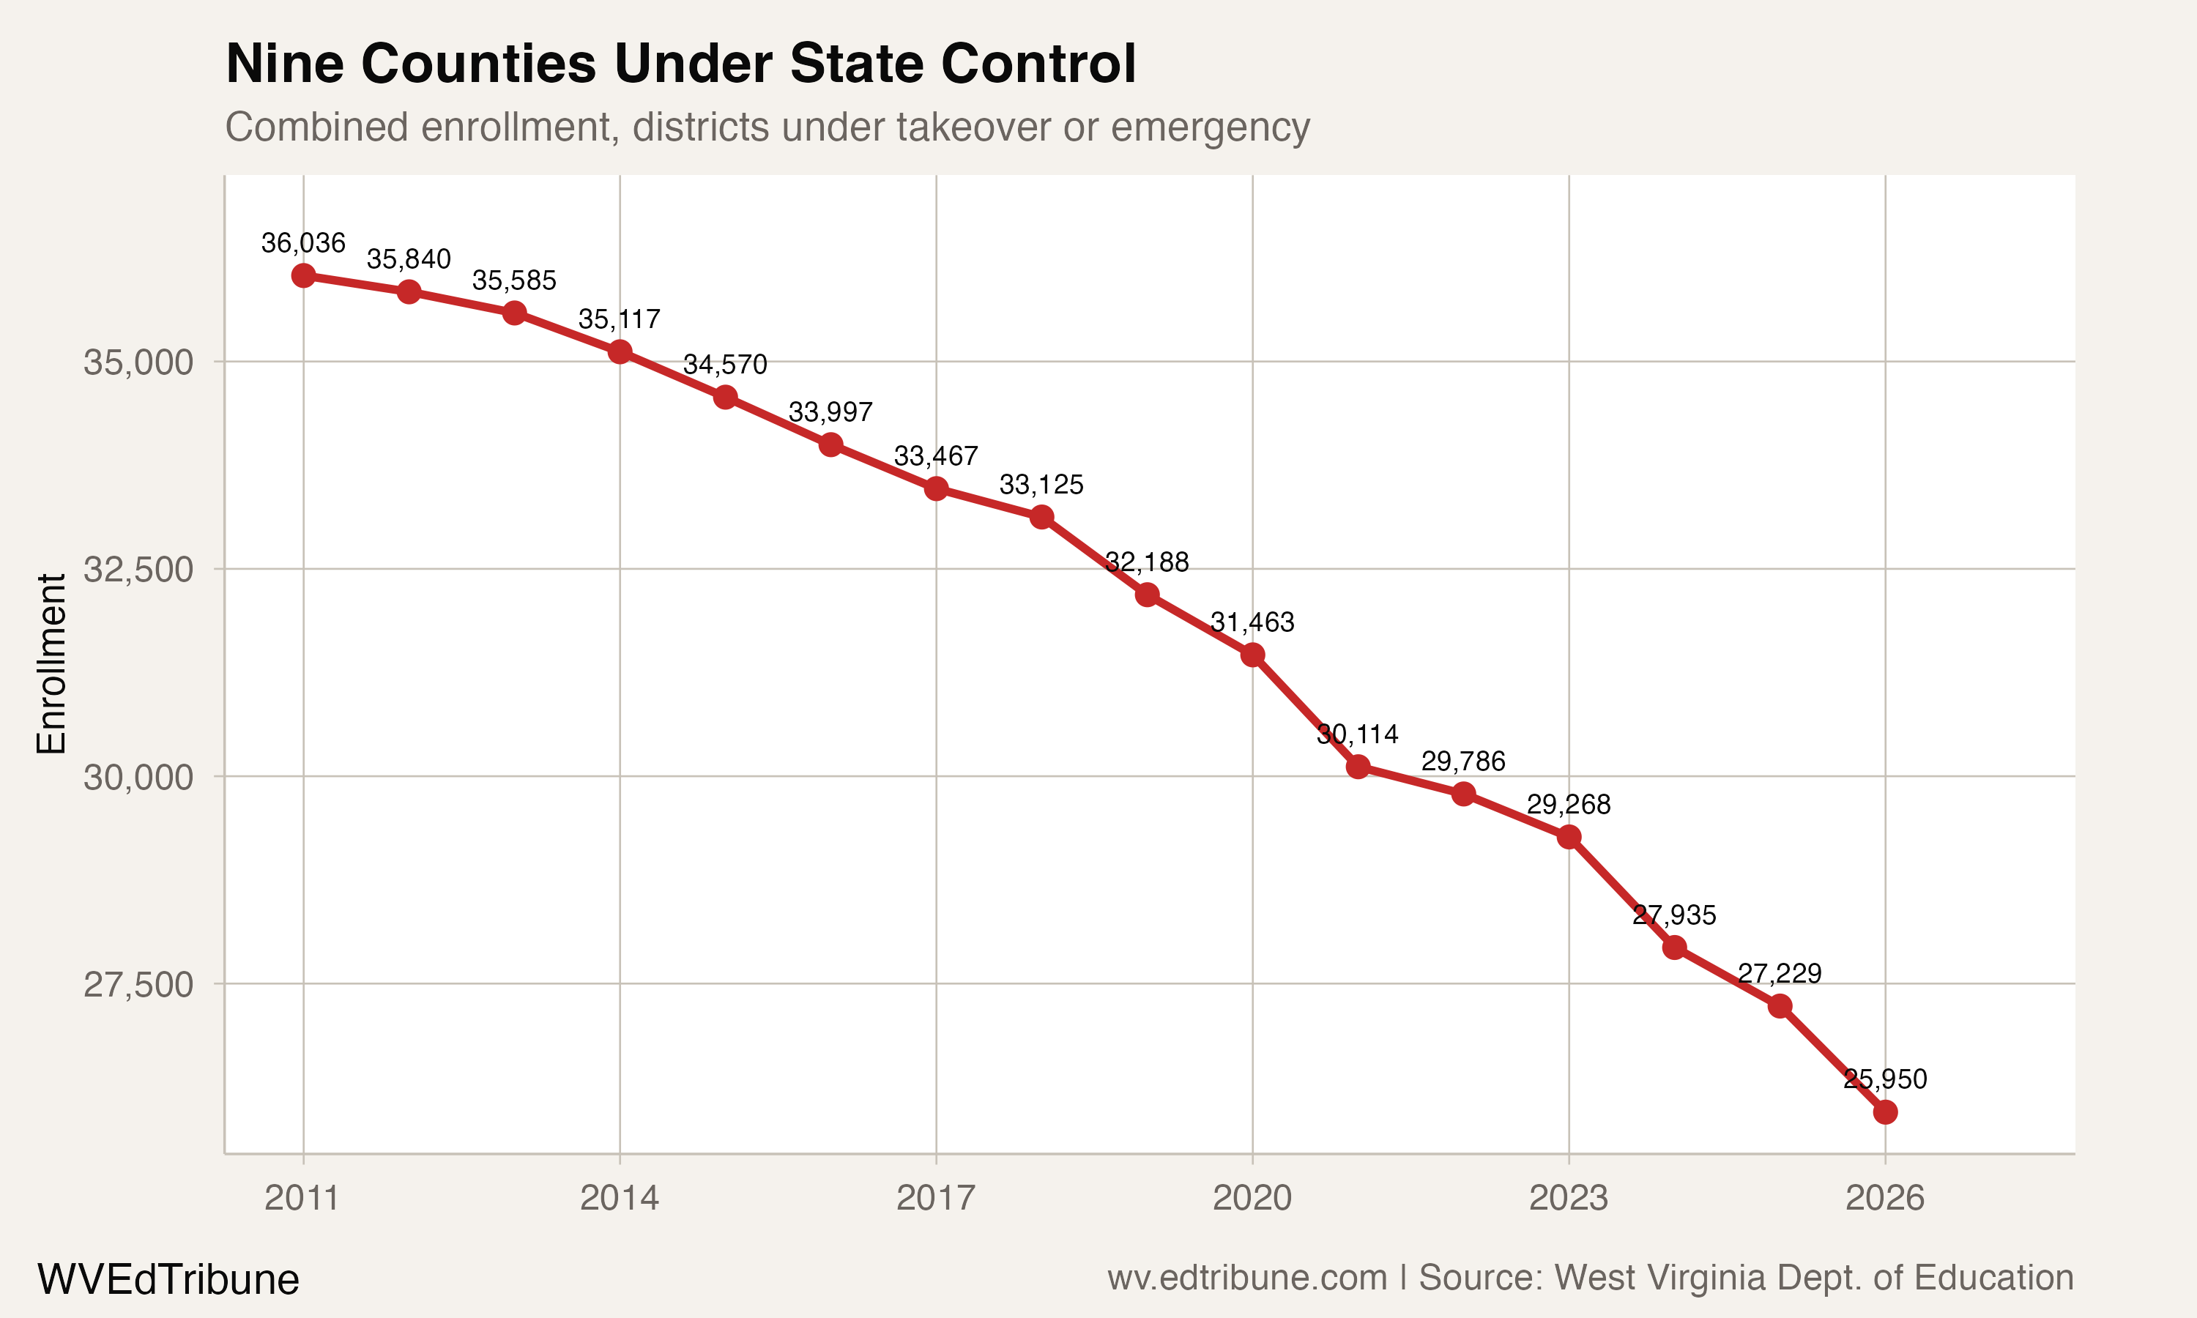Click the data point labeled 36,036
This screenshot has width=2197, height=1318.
click(x=304, y=275)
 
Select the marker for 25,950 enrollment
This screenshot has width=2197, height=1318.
click(x=1884, y=1112)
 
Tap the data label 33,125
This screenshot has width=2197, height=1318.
click(x=1041, y=485)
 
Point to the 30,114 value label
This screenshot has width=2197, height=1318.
click(x=1357, y=734)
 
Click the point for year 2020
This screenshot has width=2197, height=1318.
click(x=1252, y=655)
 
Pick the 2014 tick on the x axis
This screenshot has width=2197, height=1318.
click(x=619, y=1198)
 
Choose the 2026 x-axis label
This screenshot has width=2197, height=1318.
click(x=1884, y=1198)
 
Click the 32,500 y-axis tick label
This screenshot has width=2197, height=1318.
click(x=138, y=569)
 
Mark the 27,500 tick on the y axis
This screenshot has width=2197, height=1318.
click(x=138, y=984)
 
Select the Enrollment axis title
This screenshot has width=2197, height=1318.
click(x=51, y=663)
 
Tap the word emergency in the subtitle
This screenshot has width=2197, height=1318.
click(x=1210, y=127)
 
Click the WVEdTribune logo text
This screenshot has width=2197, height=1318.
click(x=168, y=1280)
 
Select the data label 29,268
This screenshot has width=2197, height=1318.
click(x=1568, y=805)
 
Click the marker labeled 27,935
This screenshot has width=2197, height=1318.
click(x=1674, y=947)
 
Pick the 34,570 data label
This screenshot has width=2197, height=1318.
click(x=724, y=365)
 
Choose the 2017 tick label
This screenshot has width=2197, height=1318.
click(x=935, y=1198)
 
